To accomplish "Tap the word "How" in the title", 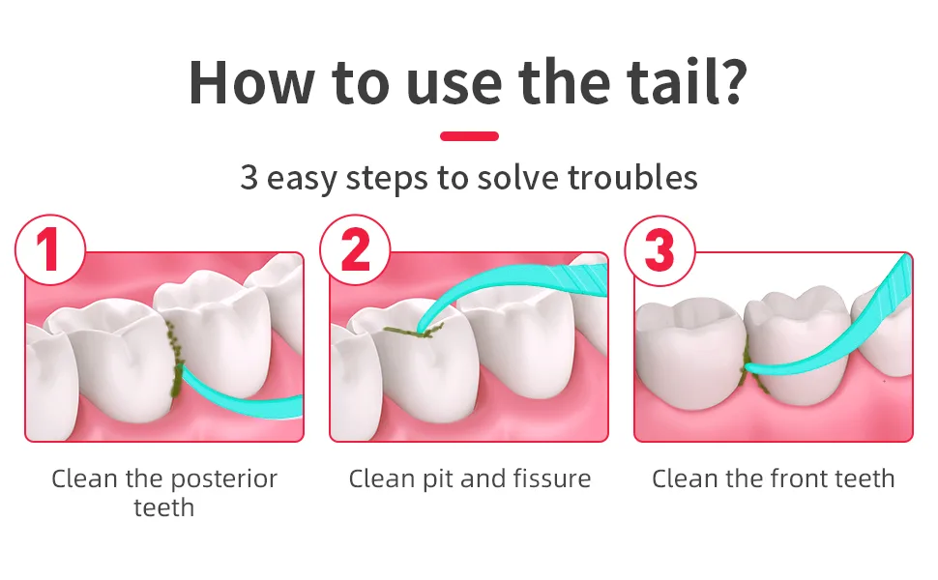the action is point(251,82).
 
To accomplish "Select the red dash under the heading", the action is point(469,135).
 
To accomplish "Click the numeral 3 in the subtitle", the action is point(249,178).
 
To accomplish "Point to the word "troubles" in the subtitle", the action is point(632,177).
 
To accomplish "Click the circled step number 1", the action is point(49,249).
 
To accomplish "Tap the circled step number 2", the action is point(355,249).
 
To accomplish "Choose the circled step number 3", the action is point(660,251).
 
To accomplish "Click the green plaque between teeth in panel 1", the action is point(174,359).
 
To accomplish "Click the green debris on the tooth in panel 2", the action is point(414,330).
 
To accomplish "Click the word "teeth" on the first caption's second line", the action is point(164,507).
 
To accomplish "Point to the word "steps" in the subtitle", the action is point(387,178).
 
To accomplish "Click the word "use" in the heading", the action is point(454,88).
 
